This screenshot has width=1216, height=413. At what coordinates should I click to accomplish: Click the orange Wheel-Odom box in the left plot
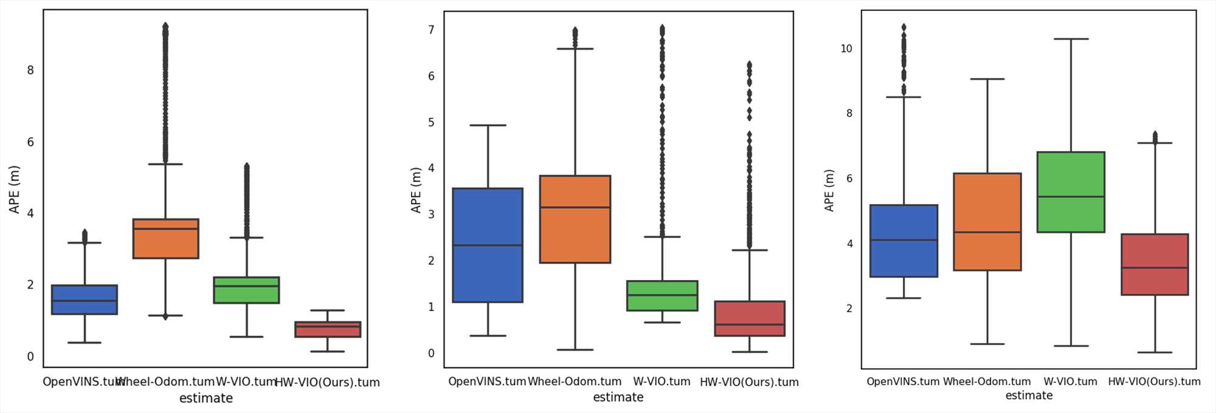(165, 239)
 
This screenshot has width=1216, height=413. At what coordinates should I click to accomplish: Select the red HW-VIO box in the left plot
(328, 329)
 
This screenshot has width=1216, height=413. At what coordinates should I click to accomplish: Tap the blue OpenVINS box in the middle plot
(488, 245)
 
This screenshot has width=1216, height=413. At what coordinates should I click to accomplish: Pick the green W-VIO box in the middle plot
(662, 296)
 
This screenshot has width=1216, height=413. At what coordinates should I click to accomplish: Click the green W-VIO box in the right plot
(1071, 192)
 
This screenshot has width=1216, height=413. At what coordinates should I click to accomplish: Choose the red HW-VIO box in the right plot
(1155, 264)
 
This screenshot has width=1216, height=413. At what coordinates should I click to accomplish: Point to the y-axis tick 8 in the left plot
(30, 70)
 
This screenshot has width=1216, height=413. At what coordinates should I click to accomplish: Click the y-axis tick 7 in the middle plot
(431, 30)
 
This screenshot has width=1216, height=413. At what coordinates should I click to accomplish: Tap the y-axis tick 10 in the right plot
(846, 49)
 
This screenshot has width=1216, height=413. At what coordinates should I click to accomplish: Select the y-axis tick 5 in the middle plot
(431, 122)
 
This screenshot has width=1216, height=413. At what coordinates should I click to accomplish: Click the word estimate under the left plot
(206, 398)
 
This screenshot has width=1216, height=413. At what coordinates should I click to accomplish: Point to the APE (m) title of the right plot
(829, 190)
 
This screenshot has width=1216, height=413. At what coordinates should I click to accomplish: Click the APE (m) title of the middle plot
(416, 190)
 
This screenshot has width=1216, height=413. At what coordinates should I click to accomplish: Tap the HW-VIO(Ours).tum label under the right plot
(1154, 381)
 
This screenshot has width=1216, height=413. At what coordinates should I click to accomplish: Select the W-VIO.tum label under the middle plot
(662, 381)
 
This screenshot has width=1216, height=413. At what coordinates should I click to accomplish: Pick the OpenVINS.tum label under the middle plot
(487, 381)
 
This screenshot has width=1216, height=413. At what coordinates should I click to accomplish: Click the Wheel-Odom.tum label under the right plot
(987, 381)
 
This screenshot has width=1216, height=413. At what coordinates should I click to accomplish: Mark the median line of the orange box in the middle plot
(575, 208)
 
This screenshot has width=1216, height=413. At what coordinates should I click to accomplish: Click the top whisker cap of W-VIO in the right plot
(1071, 39)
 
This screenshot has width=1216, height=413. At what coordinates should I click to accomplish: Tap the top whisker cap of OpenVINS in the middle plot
(488, 125)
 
